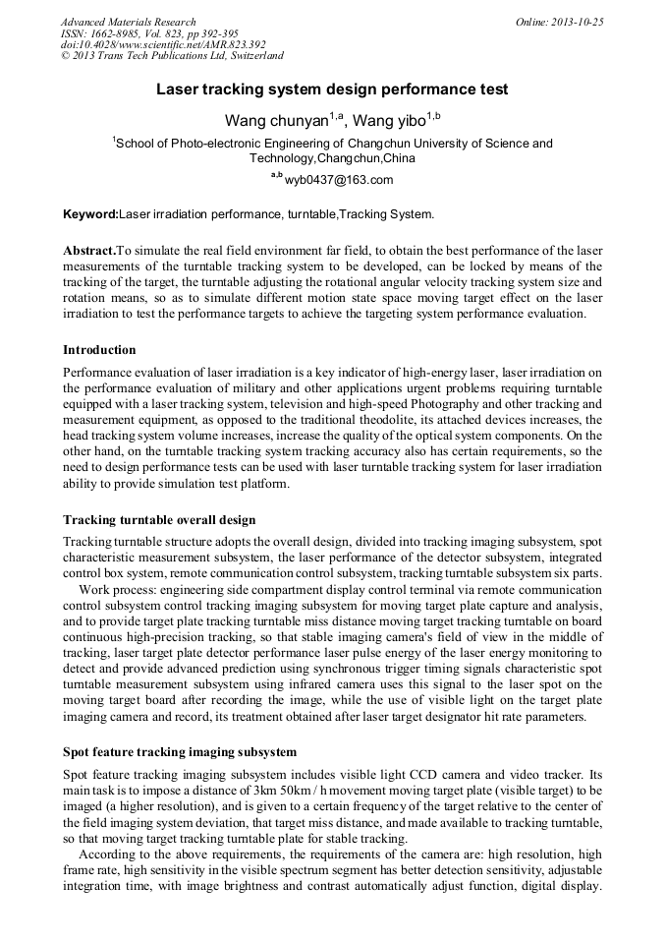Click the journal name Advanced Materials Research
coord(128,22)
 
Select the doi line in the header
coord(163,45)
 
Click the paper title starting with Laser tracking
coord(332,89)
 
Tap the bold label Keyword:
coord(90,213)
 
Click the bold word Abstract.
coord(88,251)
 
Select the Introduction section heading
coord(99,349)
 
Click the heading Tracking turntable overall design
coord(159,519)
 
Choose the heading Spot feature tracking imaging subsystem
coord(180,752)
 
